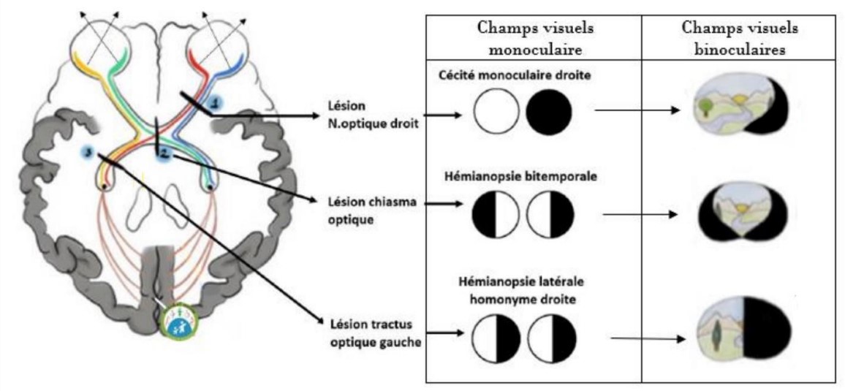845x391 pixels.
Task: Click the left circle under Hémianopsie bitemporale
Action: coord(496,215)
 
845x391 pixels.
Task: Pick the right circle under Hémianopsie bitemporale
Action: coord(550,215)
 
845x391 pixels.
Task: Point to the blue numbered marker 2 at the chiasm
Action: coord(164,154)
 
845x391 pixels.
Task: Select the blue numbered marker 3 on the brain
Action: coord(88,152)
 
